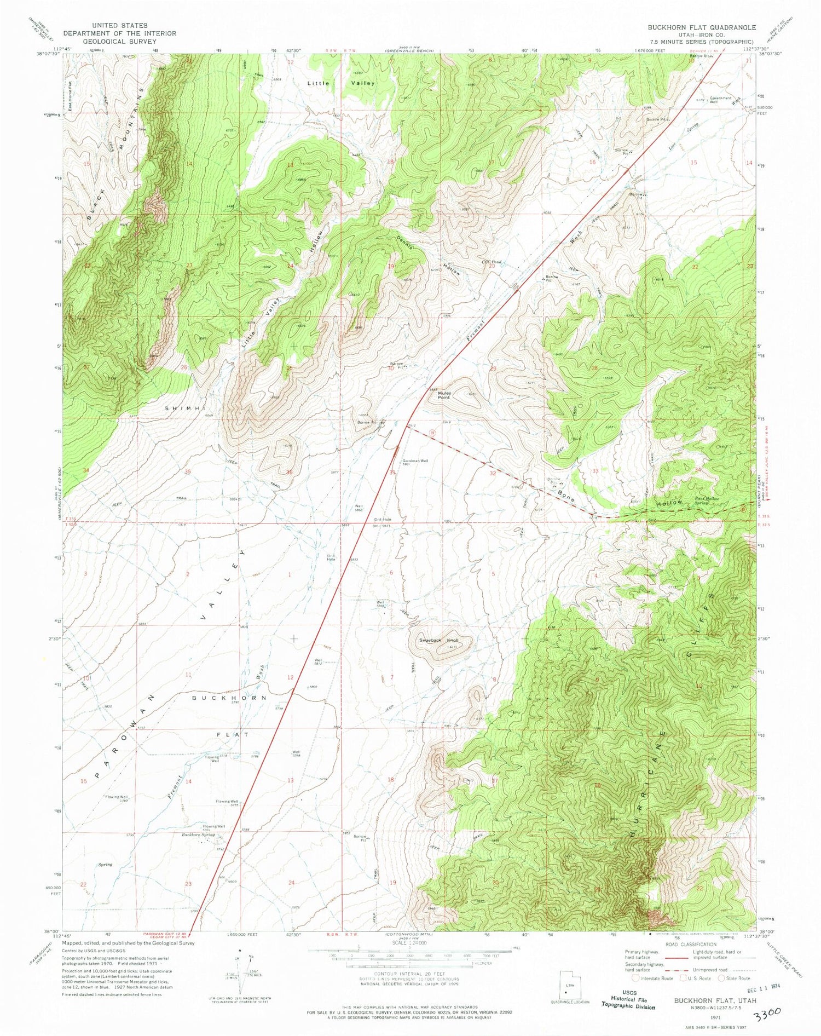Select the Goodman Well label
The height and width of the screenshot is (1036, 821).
coord(415,461)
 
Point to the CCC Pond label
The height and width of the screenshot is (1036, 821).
coord(491,262)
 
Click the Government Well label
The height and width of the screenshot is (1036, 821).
coord(720,100)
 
